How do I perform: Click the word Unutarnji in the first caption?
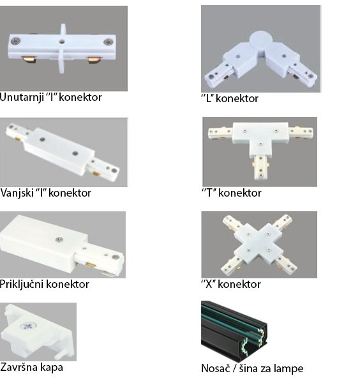22,98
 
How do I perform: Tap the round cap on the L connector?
261,40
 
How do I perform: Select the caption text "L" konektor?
230,98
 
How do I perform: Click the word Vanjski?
17,193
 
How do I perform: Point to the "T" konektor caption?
231,193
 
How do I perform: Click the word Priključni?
21,284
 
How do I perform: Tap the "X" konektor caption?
231,284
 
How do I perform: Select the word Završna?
19,367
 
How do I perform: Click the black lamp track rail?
234,330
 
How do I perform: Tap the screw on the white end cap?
27,326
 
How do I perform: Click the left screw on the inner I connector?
16,41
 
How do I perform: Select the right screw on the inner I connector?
109,42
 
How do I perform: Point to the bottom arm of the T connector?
261,167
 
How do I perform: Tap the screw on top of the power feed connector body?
59,239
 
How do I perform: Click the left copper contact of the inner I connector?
29,59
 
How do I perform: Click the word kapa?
51,368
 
